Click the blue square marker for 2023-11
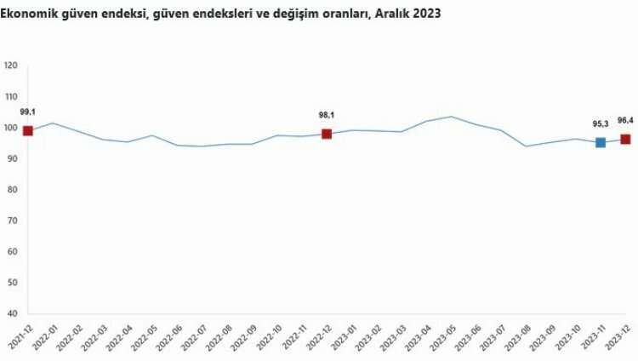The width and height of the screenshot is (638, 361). point(601,142)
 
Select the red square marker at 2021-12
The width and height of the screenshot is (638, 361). point(28,130)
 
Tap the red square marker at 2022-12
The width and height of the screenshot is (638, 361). point(327,134)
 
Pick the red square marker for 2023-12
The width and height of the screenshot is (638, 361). point(625,139)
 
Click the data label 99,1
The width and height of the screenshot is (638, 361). point(28,112)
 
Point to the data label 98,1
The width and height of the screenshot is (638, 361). point(327,115)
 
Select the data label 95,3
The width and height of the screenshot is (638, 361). point(601,124)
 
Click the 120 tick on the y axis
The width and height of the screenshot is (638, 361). point(12,66)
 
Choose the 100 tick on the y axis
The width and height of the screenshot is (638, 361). point(12,128)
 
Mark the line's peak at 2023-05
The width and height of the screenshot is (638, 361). point(451,117)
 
